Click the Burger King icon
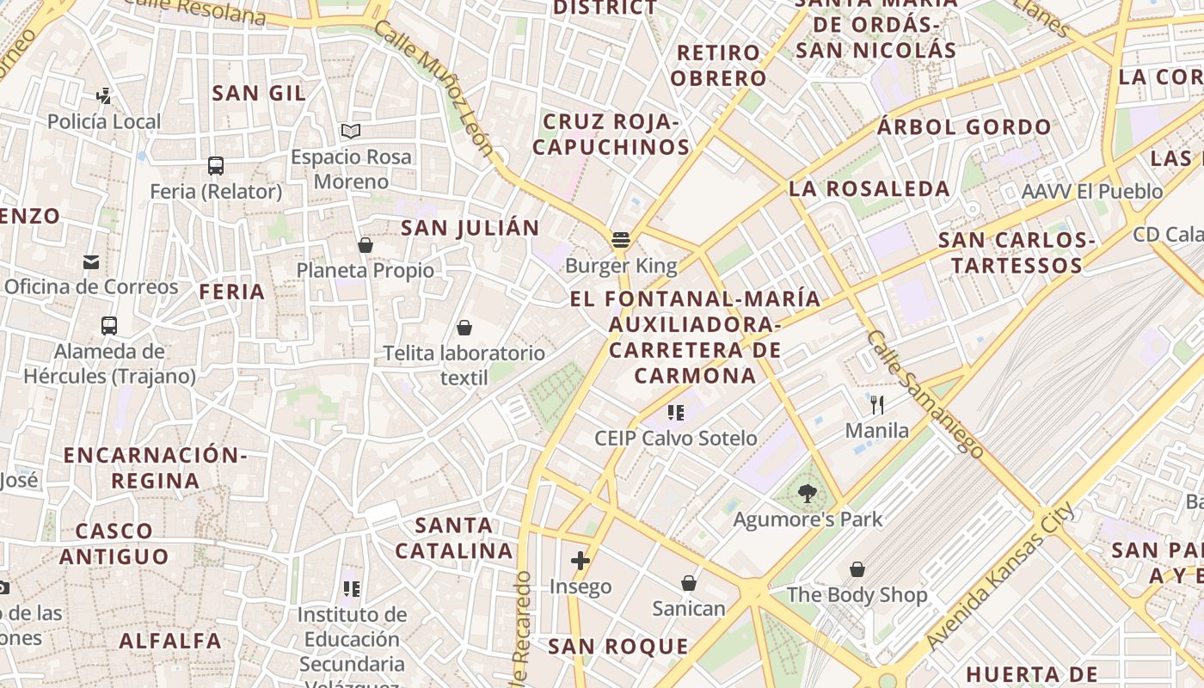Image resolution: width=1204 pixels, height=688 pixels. pyautogui.click(x=621, y=240)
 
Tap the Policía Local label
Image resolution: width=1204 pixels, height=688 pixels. pyautogui.click(x=104, y=121)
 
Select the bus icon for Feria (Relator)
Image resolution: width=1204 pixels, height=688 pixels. pyautogui.click(x=215, y=166)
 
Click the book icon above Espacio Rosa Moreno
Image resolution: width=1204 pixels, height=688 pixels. pyautogui.click(x=350, y=132)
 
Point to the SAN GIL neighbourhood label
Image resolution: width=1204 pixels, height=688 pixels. pyautogui.click(x=259, y=93)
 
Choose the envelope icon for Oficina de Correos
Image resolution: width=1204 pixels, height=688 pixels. pyautogui.click(x=91, y=262)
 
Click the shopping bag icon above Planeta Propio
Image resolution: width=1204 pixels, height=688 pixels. pyautogui.click(x=365, y=246)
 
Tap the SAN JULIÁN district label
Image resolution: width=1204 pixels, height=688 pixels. pyautogui.click(x=470, y=228)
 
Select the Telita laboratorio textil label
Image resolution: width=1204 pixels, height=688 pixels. pyautogui.click(x=464, y=365)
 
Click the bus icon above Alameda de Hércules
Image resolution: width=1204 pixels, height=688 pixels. pyautogui.click(x=109, y=326)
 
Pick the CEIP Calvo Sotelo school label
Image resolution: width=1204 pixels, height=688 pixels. pyautogui.click(x=676, y=438)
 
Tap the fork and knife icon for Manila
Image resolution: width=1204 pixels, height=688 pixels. pyautogui.click(x=877, y=405)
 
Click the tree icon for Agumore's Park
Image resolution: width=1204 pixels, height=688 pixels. pyautogui.click(x=807, y=494)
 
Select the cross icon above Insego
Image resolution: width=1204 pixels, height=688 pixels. pyautogui.click(x=580, y=562)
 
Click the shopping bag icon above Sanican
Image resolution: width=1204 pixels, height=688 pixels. pyautogui.click(x=689, y=584)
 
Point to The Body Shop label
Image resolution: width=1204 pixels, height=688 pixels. pyautogui.click(x=857, y=594)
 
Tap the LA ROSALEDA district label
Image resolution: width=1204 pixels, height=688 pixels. pyautogui.click(x=869, y=188)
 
